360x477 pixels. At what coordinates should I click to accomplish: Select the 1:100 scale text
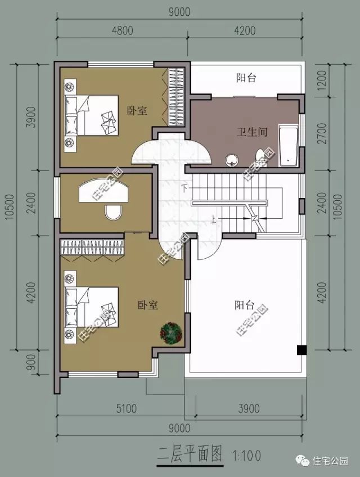[246, 453]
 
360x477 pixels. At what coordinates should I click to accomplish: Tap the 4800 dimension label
[121, 31]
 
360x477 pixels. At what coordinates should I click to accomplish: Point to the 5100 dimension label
[123, 409]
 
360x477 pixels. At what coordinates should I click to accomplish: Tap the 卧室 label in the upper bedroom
[137, 111]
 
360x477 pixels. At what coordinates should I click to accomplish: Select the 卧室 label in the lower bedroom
[147, 305]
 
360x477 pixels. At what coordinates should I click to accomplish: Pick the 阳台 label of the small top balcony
[246, 78]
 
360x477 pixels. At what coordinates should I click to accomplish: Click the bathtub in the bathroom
[289, 147]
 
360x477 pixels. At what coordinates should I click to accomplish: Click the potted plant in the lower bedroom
[170, 332]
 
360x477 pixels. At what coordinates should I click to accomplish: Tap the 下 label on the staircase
[184, 186]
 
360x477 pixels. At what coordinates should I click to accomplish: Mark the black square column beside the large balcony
[302, 349]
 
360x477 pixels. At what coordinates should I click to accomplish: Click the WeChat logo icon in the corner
[304, 460]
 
